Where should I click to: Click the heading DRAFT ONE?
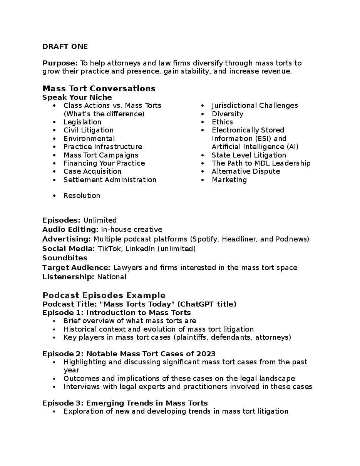click(x=65, y=47)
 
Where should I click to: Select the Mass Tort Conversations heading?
click(x=99, y=89)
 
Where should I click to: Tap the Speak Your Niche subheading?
click(x=77, y=97)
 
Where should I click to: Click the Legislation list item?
click(x=82, y=122)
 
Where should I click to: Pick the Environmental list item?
click(x=89, y=139)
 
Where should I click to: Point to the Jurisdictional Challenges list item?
click(x=255, y=106)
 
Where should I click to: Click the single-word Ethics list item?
click(x=222, y=122)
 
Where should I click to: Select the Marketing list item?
click(x=229, y=180)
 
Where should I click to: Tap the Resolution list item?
click(x=82, y=196)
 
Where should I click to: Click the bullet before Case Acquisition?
click(x=55, y=171)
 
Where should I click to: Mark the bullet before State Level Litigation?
click(x=203, y=155)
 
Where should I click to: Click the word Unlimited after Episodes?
click(x=100, y=220)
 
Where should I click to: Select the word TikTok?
click(x=108, y=249)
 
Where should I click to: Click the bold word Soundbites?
click(x=65, y=258)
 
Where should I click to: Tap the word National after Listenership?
click(x=112, y=277)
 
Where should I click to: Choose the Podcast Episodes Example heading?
click(x=104, y=295)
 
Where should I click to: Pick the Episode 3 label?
click(x=63, y=403)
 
